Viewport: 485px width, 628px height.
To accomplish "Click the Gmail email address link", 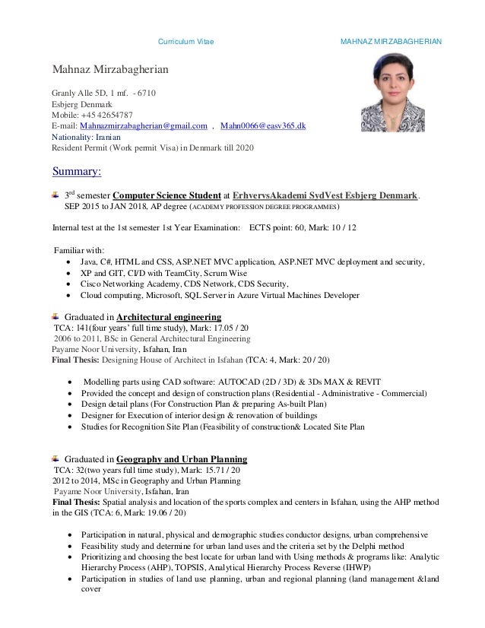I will coord(144,125).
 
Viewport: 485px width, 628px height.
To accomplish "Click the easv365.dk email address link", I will coord(263,125).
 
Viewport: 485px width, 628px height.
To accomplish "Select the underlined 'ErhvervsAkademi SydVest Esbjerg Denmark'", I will coord(325,195).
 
